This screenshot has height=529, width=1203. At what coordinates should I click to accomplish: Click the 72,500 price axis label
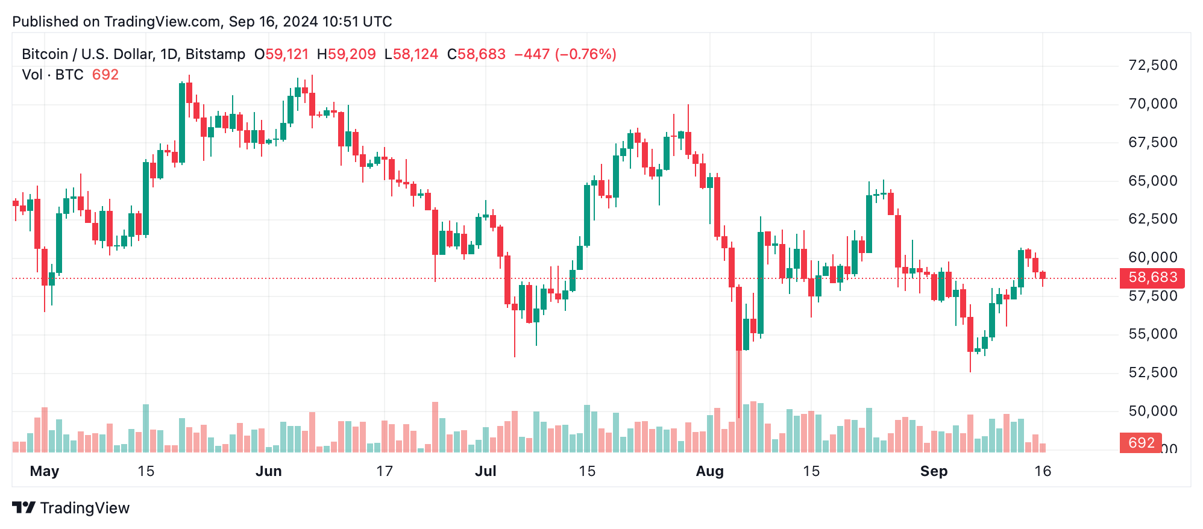click(1152, 65)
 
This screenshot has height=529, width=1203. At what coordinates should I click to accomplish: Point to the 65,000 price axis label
click(1152, 181)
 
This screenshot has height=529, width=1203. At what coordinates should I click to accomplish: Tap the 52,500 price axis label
click(1152, 372)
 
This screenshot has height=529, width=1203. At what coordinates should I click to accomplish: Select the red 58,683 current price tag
click(1152, 278)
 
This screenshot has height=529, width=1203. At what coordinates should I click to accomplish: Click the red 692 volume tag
click(1140, 443)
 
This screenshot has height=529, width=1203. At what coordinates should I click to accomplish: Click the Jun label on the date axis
click(268, 471)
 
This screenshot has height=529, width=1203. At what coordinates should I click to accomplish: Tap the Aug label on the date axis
click(709, 471)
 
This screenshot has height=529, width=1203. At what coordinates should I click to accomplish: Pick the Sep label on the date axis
click(934, 471)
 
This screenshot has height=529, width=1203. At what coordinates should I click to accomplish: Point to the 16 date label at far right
click(1043, 471)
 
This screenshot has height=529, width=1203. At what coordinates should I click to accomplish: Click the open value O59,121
click(281, 54)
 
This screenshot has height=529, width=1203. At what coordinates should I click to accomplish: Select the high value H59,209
click(346, 54)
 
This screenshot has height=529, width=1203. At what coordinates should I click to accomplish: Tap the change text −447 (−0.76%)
click(565, 54)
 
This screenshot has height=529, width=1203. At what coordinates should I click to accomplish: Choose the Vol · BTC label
click(52, 75)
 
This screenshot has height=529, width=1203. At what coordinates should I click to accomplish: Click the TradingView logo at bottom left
click(71, 508)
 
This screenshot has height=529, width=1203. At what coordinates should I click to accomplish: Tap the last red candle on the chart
click(1043, 275)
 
